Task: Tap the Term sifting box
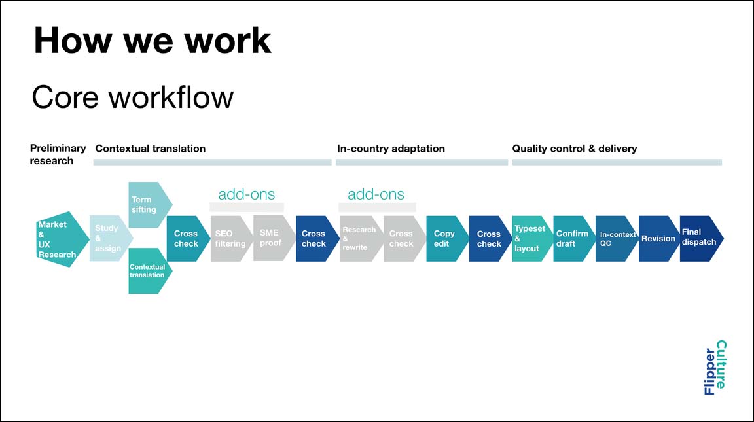pyautogui.click(x=150, y=205)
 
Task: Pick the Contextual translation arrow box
pyautogui.click(x=150, y=271)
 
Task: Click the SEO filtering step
pyautogui.click(x=232, y=238)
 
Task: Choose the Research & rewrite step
pyautogui.click(x=361, y=238)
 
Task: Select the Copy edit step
pyautogui.click(x=447, y=238)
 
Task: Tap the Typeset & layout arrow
pyautogui.click(x=532, y=238)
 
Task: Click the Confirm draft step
pyautogui.click(x=574, y=238)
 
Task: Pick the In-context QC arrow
pyautogui.click(x=617, y=238)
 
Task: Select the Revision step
pyautogui.click(x=659, y=238)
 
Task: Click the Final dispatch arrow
pyautogui.click(x=702, y=238)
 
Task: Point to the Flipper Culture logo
pyautogui.click(x=715, y=368)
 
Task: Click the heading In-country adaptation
pyautogui.click(x=391, y=149)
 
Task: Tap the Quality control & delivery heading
pyautogui.click(x=574, y=149)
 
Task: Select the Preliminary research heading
pyautogui.click(x=58, y=154)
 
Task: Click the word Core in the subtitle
pyautogui.click(x=65, y=97)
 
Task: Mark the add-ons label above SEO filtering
pyautogui.click(x=247, y=194)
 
